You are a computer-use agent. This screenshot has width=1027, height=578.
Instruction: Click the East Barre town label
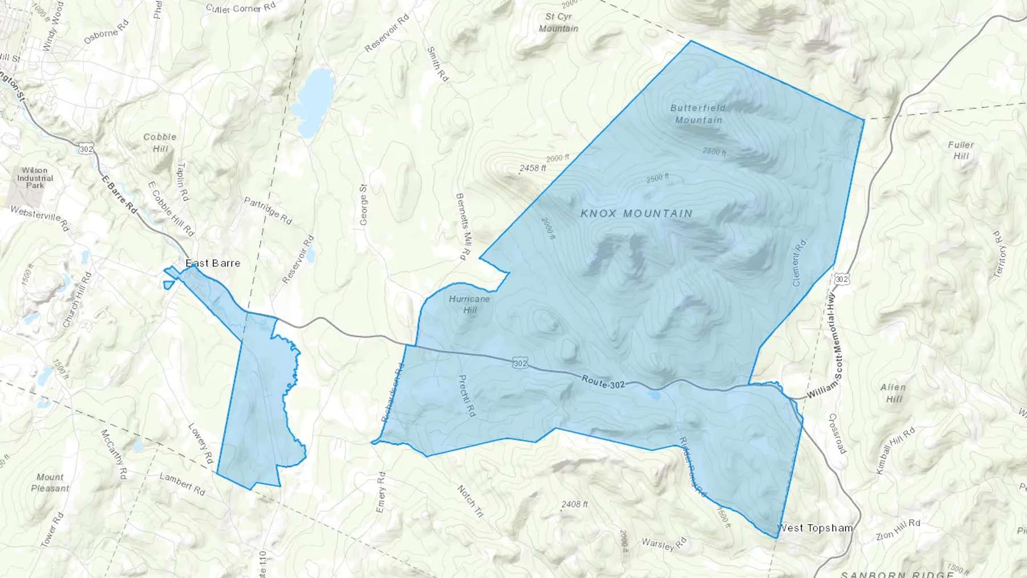(x=213, y=263)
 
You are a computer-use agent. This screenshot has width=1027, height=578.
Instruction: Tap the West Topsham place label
(x=815, y=528)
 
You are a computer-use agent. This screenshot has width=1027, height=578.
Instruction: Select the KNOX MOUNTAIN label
(x=636, y=213)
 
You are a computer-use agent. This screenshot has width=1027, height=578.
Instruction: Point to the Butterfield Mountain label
(x=698, y=114)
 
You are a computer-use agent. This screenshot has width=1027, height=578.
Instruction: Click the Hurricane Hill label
(x=470, y=304)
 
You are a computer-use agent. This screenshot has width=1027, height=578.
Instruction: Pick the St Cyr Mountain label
(x=558, y=22)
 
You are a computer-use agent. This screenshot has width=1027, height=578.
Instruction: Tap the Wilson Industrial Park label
(x=35, y=177)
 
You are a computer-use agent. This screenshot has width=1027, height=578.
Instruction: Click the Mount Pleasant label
(x=50, y=483)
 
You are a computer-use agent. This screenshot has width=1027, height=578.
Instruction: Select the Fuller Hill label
(x=961, y=150)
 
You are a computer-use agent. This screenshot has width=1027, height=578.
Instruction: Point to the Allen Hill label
(x=893, y=393)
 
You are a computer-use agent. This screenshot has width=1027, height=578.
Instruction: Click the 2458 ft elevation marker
(x=532, y=168)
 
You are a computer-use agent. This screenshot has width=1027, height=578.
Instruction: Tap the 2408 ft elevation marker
(x=574, y=504)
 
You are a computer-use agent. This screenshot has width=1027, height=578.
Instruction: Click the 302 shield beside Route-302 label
(x=520, y=363)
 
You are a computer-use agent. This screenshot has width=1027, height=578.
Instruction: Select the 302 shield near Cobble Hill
(x=86, y=149)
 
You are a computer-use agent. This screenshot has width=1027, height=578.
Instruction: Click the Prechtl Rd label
(x=467, y=395)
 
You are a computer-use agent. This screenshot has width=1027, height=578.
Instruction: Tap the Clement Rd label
(x=799, y=263)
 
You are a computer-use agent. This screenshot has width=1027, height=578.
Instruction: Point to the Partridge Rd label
(x=268, y=211)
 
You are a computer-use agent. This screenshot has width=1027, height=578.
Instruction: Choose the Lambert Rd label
(x=182, y=484)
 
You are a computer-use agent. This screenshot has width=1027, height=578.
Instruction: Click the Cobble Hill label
(x=160, y=143)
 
